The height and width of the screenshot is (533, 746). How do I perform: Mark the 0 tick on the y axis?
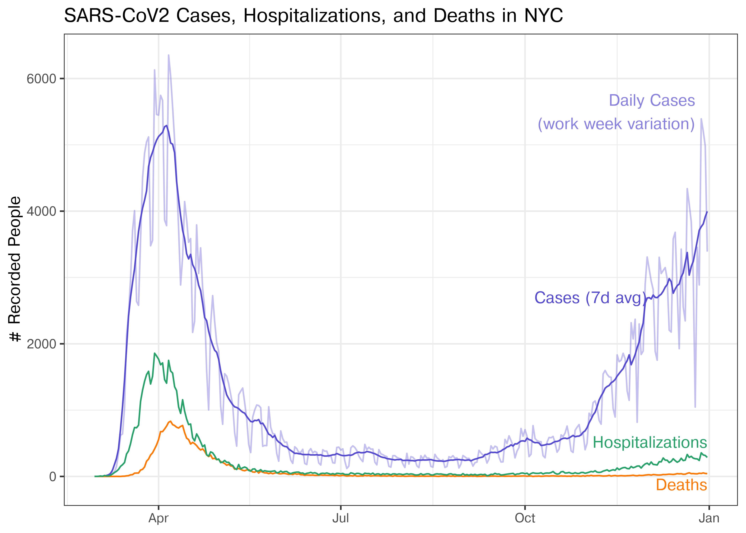point(53,477)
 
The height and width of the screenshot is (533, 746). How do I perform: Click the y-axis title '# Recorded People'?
point(15,269)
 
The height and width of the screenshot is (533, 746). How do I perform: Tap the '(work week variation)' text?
point(616,124)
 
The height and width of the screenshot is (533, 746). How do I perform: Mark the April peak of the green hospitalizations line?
point(155,354)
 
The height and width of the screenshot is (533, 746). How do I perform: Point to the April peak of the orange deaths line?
point(171,421)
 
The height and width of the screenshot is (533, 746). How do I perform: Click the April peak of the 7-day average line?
point(167,125)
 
